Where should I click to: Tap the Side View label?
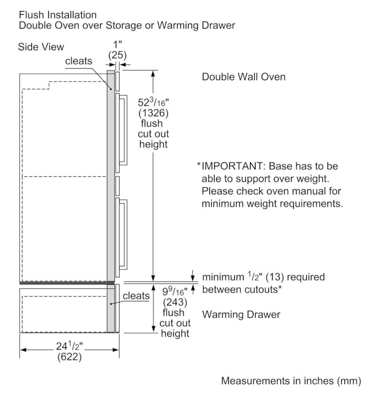coord(41,47)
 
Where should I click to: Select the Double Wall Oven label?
coord(244,77)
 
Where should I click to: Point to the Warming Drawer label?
coord(241,315)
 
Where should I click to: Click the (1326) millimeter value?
coord(154,113)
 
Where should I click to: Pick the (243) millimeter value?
coord(175,302)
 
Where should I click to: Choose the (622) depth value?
coord(69,357)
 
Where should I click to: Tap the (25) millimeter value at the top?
coord(118,55)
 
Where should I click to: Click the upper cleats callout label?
coord(78,61)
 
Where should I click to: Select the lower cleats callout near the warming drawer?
coord(136,296)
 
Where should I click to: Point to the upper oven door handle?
coord(124,130)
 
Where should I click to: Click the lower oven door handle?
coord(124,234)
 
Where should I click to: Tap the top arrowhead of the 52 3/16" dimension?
coord(153,74)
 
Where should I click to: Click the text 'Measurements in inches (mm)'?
coord(291,381)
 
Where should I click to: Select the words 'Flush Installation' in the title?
coord(58,15)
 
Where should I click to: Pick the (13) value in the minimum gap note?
coord(274,277)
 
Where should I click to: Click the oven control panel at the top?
coord(118,81)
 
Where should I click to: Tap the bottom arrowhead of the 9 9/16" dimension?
coord(153,329)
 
